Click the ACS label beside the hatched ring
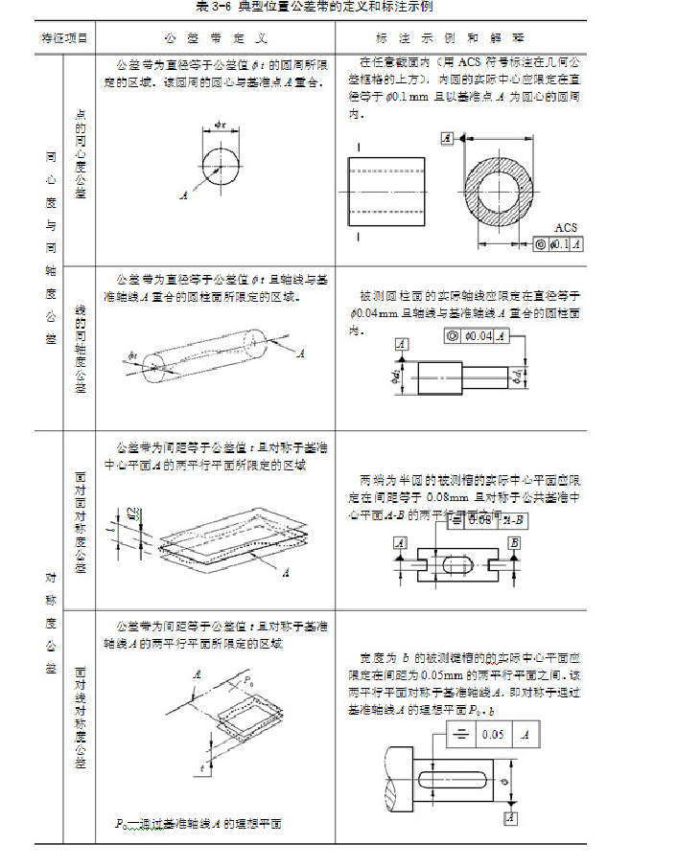(566, 228)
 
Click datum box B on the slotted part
(515, 543)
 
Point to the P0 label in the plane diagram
(248, 681)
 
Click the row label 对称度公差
(49, 623)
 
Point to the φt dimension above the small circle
(220, 125)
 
